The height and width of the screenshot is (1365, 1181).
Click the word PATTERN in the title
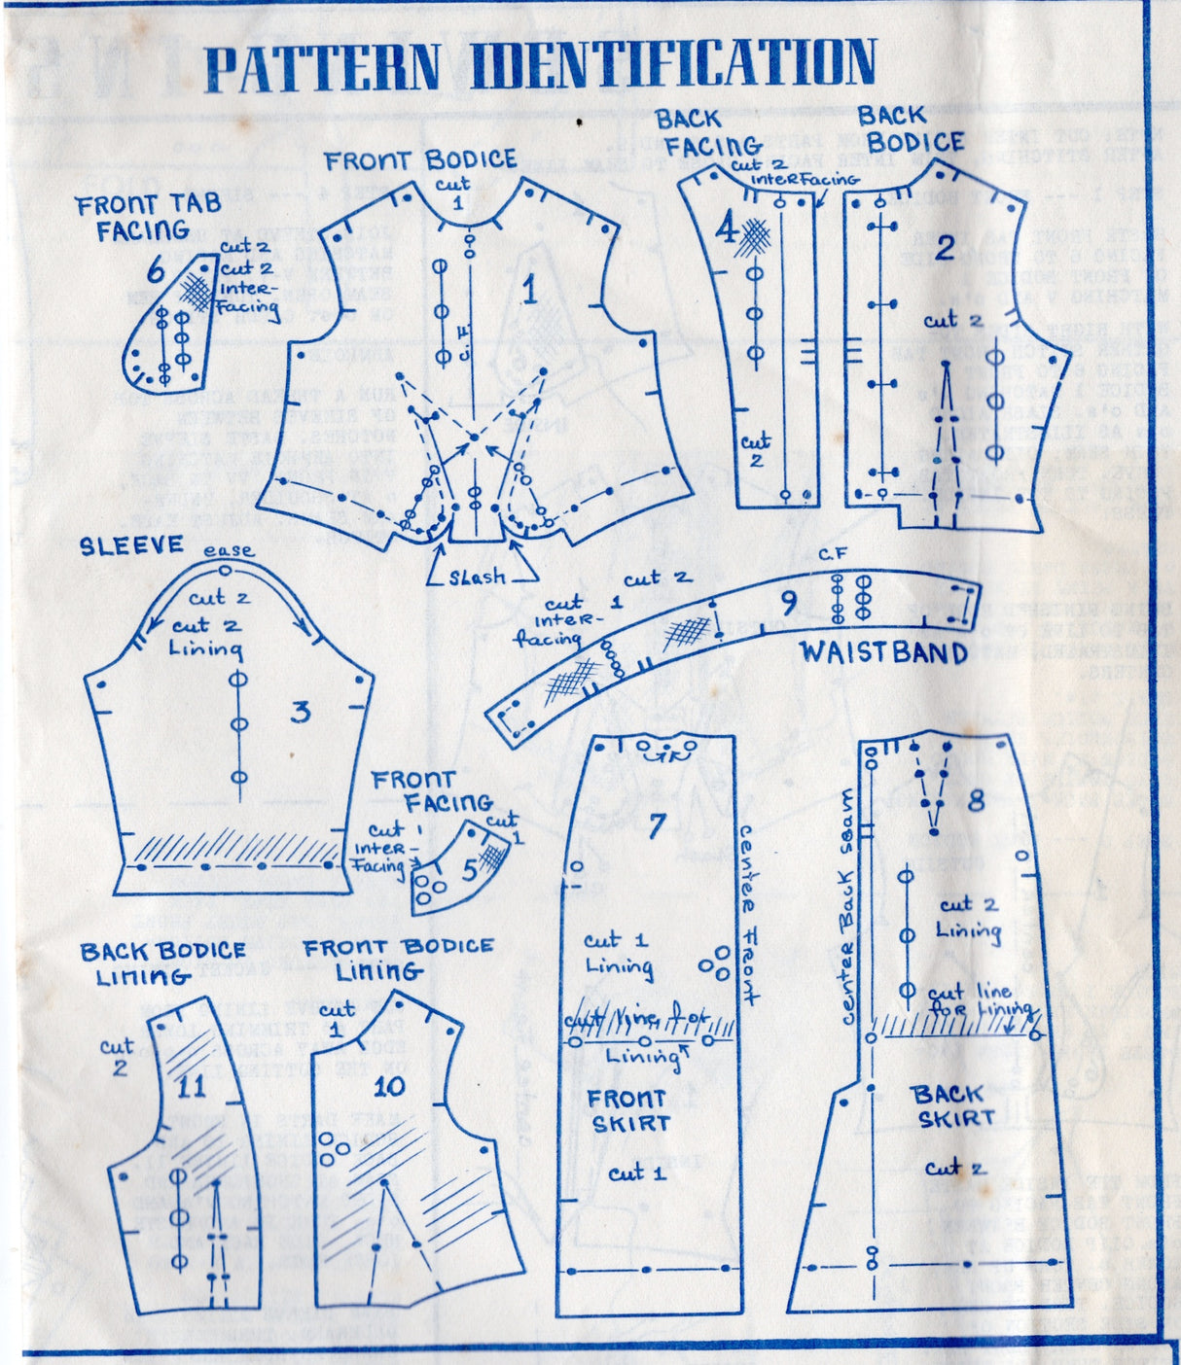pyautogui.click(x=322, y=68)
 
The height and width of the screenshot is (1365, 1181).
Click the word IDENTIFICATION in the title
pyautogui.click(x=673, y=64)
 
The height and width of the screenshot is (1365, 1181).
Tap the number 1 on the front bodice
pyautogui.click(x=530, y=291)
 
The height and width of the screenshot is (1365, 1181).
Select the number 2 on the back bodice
pyautogui.click(x=944, y=248)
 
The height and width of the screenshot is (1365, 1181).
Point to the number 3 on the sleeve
pyautogui.click(x=302, y=713)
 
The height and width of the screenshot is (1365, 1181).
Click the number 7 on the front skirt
pyautogui.click(x=658, y=825)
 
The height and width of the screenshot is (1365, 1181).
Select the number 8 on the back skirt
pyautogui.click(x=976, y=800)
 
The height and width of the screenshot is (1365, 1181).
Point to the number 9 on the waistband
pyautogui.click(x=789, y=603)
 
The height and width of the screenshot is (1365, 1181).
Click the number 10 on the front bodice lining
pyautogui.click(x=388, y=1086)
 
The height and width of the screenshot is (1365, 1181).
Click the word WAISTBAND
pyautogui.click(x=883, y=652)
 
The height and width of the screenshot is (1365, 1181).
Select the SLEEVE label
pyautogui.click(x=131, y=546)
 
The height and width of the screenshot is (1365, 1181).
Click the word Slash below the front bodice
pyautogui.click(x=477, y=577)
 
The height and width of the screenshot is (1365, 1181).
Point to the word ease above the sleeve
pyautogui.click(x=229, y=551)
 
